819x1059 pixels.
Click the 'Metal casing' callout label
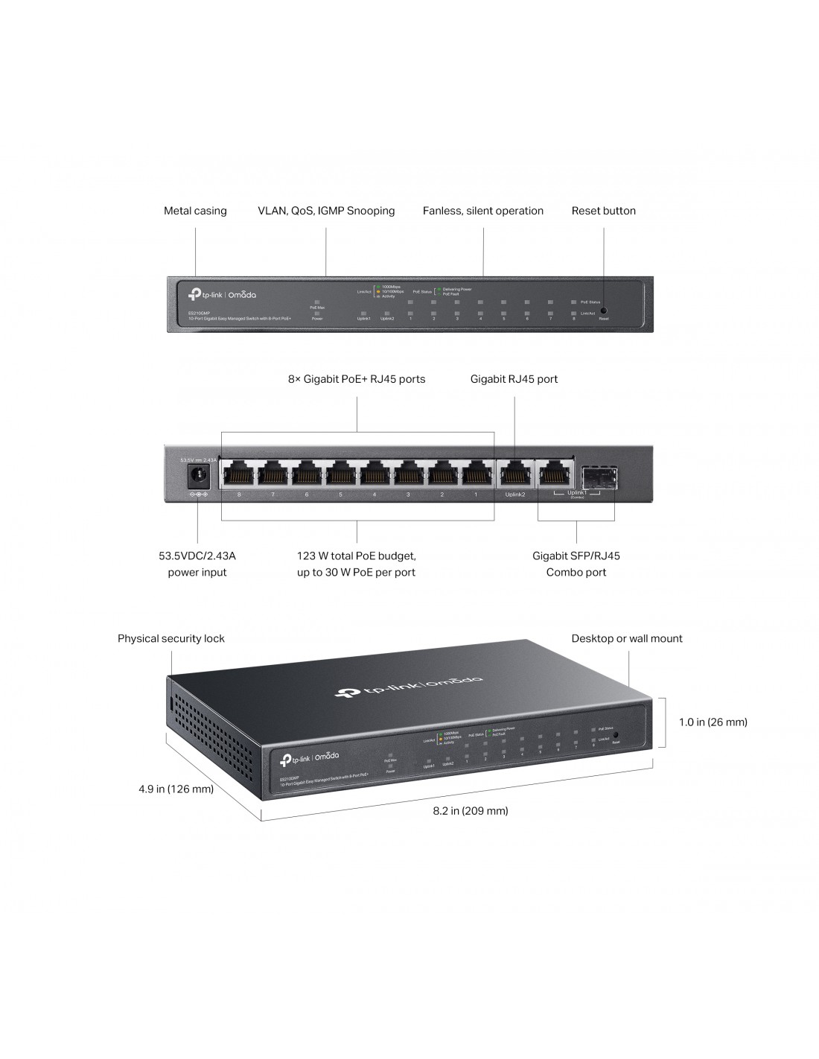tap(195, 211)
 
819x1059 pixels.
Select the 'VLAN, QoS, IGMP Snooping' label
tap(326, 211)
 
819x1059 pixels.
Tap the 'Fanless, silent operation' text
tap(483, 211)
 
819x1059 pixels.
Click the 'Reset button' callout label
tap(603, 211)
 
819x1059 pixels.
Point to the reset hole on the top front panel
tap(603, 310)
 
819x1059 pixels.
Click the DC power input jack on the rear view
tap(198, 475)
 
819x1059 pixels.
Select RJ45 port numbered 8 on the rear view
tap(239, 474)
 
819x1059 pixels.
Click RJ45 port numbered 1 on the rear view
tap(475, 474)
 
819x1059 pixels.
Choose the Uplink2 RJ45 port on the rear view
tap(514, 474)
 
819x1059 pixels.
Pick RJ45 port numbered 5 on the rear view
tap(340, 474)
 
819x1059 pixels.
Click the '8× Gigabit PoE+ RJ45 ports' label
tap(357, 379)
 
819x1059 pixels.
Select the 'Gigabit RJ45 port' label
tap(514, 379)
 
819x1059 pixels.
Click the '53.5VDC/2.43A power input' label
tap(197, 564)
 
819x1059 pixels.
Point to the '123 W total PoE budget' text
tap(357, 556)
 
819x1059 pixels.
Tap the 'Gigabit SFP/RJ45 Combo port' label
tap(576, 564)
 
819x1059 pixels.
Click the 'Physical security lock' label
tap(171, 638)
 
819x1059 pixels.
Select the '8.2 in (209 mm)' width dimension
tap(471, 810)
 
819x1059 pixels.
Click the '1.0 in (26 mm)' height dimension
tap(713, 722)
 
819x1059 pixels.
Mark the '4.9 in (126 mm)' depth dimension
tap(176, 789)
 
